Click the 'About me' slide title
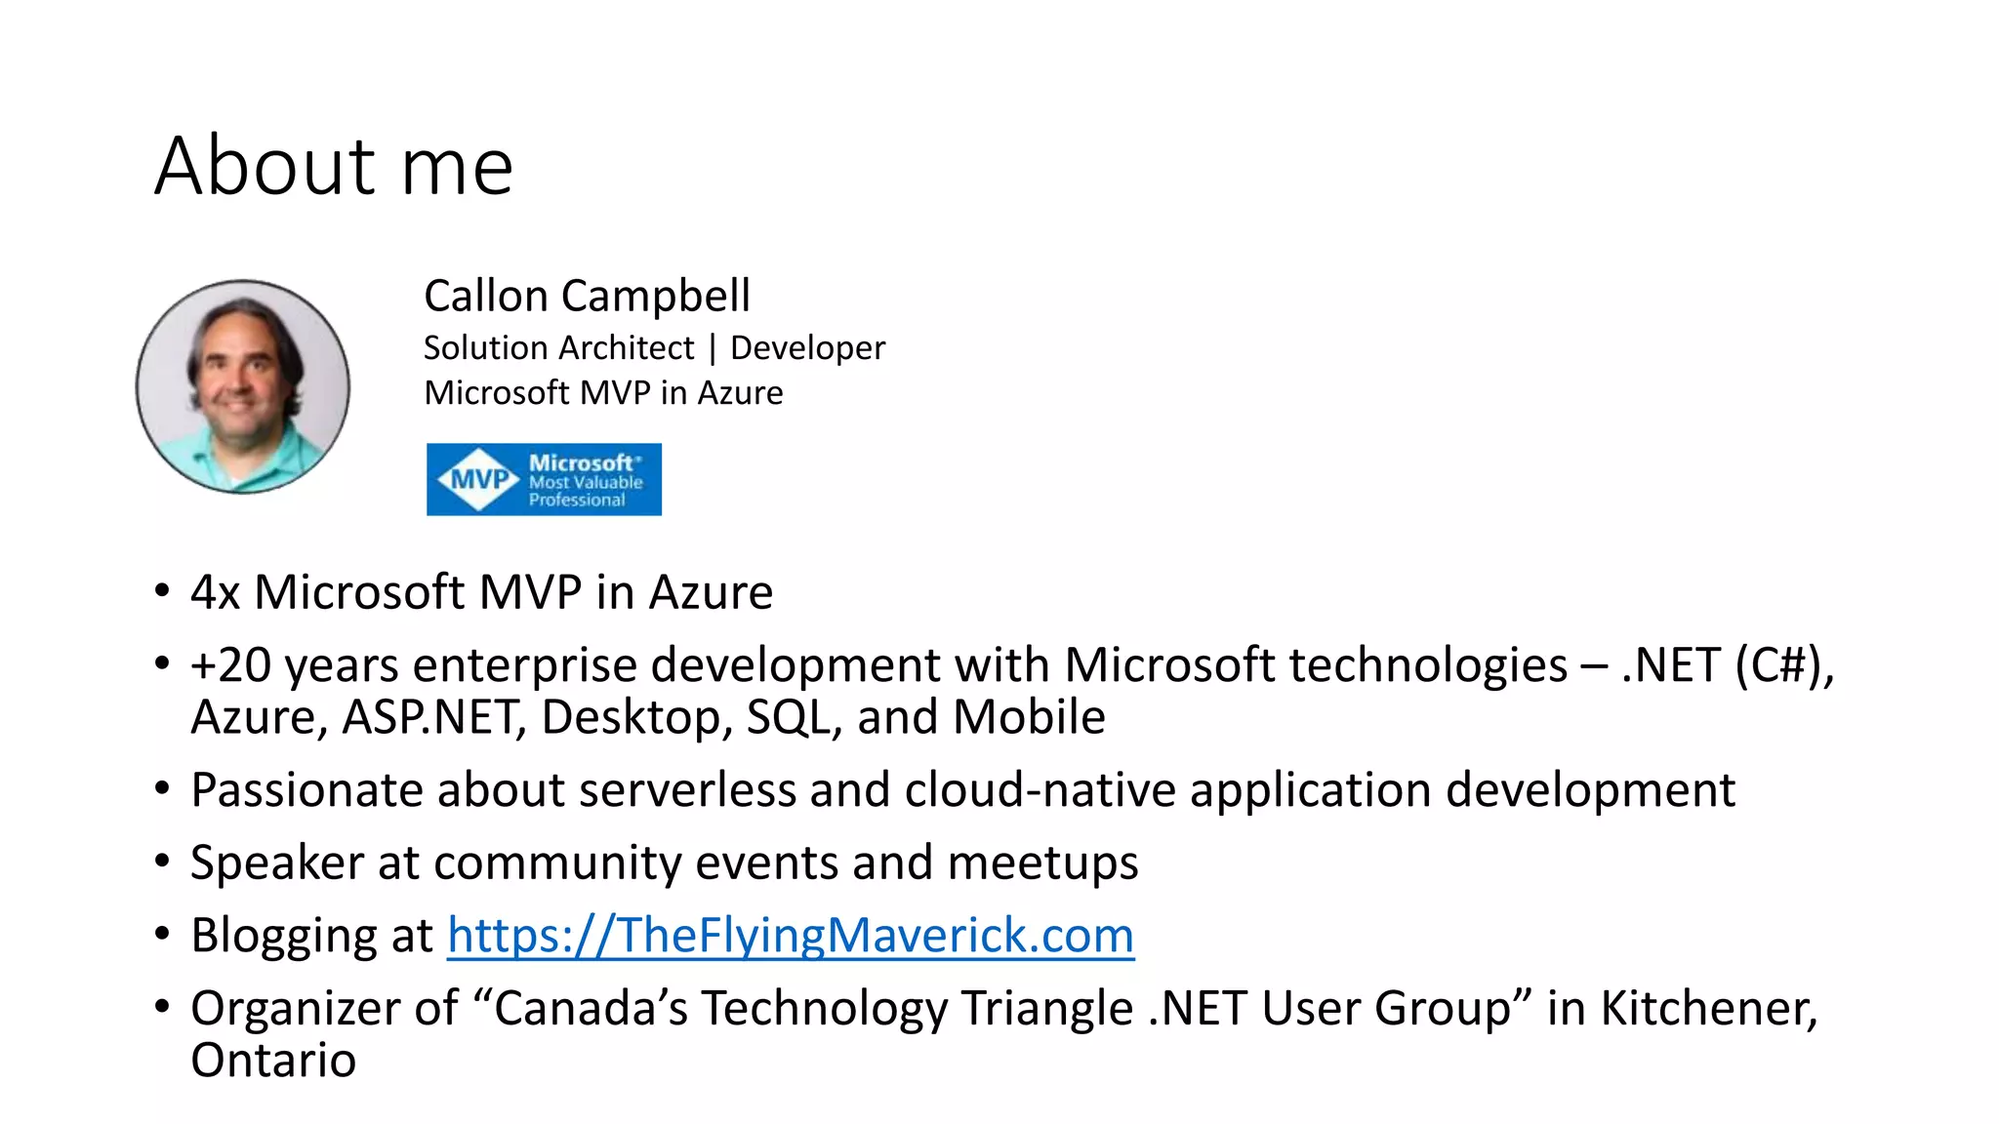tap(334, 166)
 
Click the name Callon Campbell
tap(587, 296)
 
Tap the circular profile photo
tap(243, 386)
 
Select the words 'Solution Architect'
tap(558, 347)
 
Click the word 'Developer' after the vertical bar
tap(807, 347)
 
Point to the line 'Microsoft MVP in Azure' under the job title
tap(603, 392)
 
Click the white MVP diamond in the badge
tap(478, 479)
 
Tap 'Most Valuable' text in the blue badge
tap(586, 482)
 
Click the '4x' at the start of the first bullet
tap(215, 592)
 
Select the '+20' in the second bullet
tap(230, 665)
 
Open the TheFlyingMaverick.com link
tap(791, 935)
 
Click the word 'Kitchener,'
tap(1708, 1008)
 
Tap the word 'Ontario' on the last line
tap(273, 1060)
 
